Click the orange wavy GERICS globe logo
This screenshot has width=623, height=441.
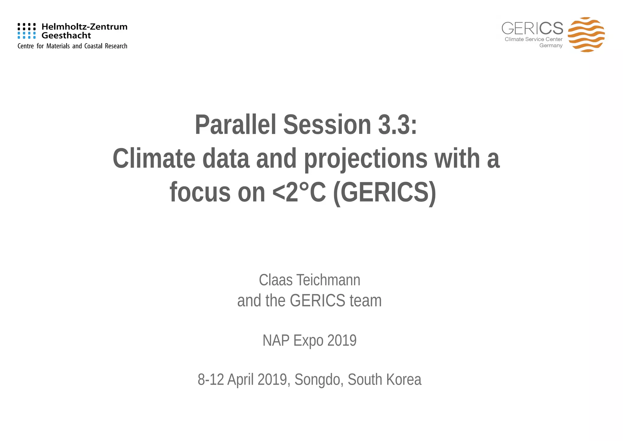click(x=586, y=34)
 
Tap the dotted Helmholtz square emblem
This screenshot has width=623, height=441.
click(x=26, y=31)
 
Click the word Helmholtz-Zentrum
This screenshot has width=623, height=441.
click(x=84, y=27)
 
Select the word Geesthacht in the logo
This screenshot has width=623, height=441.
click(x=66, y=36)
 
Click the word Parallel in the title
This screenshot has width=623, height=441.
click(x=235, y=124)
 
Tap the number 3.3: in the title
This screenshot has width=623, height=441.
click(x=397, y=124)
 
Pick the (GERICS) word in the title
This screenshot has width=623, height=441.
click(x=385, y=192)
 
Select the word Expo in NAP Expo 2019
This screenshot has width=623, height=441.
click(x=308, y=340)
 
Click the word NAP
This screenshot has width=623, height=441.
click(x=276, y=340)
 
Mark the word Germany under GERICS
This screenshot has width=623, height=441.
click(x=551, y=46)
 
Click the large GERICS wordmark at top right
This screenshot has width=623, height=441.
click(x=532, y=28)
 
